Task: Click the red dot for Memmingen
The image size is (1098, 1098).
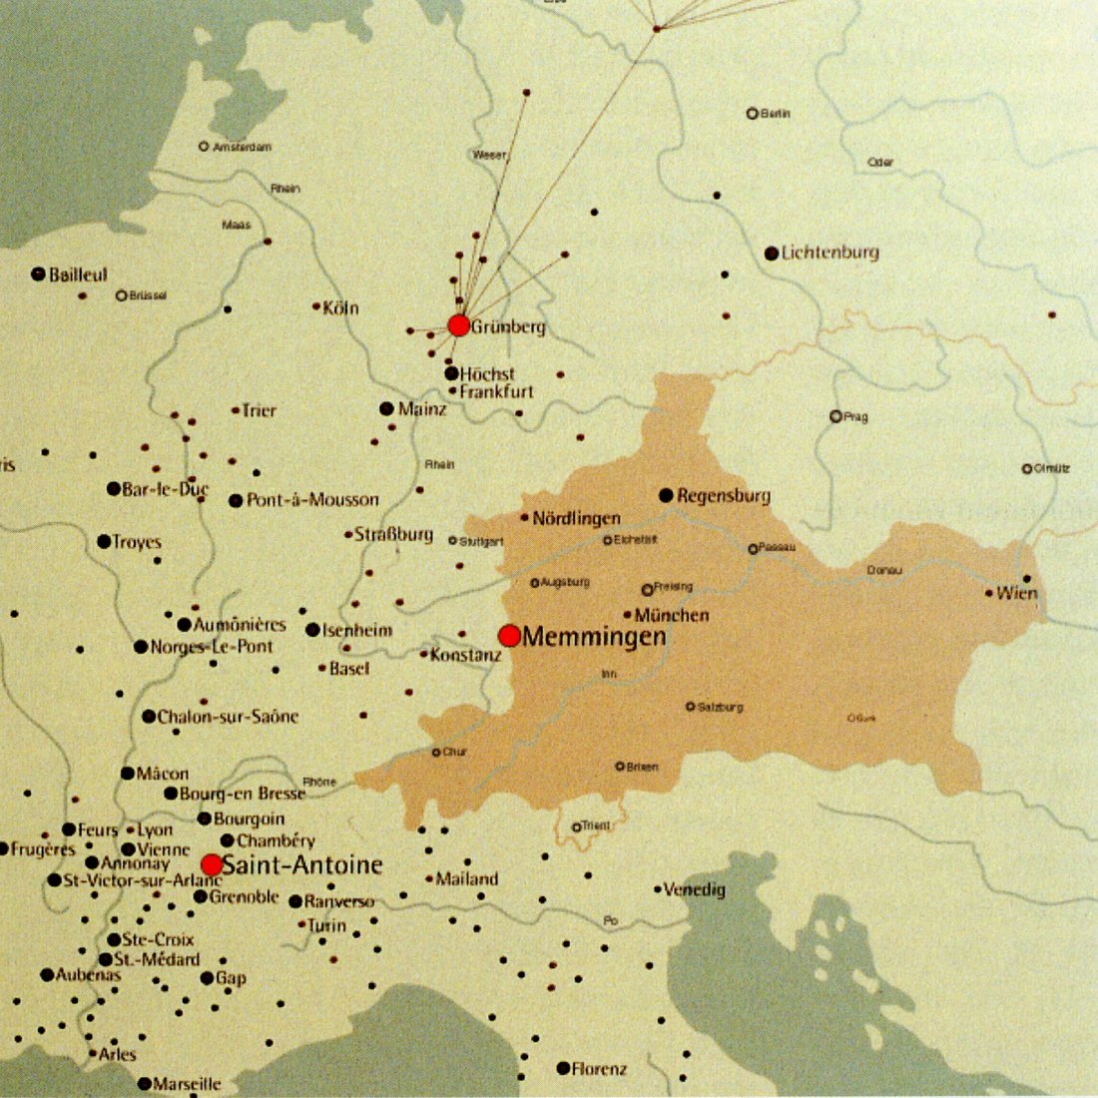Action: click(509, 636)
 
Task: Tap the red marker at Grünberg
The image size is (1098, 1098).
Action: click(459, 325)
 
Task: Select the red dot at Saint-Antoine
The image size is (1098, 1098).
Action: click(212, 864)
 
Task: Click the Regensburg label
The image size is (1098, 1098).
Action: click(724, 496)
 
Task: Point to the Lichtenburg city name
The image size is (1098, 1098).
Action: click(829, 253)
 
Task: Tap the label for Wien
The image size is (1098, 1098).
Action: click(1017, 593)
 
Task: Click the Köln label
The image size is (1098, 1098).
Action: click(340, 307)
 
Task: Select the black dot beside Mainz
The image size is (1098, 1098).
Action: click(386, 409)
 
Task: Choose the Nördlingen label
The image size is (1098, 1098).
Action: click(576, 518)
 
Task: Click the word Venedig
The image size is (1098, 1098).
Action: click(695, 889)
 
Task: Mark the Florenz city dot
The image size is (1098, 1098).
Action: click(563, 1068)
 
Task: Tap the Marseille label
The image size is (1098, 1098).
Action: click(188, 1083)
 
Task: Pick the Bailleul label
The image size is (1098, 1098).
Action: click(79, 274)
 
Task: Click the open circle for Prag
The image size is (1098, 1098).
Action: click(835, 416)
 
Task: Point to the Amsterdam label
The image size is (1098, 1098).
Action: click(242, 147)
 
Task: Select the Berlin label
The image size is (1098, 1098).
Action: click(775, 114)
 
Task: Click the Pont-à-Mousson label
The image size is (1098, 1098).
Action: click(312, 500)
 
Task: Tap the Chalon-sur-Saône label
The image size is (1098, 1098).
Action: click(228, 717)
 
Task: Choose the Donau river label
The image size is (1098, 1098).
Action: click(884, 570)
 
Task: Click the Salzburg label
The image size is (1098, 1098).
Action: click(720, 707)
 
